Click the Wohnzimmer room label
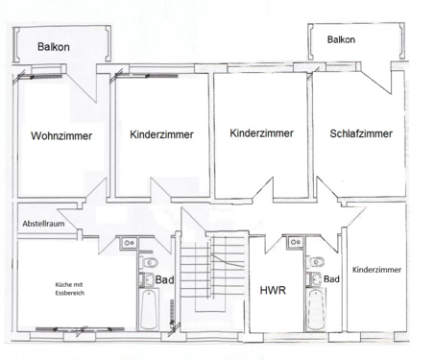click(61, 136)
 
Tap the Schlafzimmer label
click(360, 134)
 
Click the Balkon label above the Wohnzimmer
click(54, 47)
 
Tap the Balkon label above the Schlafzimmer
click(341, 39)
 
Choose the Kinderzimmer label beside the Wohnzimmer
click(161, 136)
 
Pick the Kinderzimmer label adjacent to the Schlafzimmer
click(261, 134)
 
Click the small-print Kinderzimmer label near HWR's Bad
click(376, 271)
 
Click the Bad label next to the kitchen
click(164, 281)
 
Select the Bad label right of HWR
click(332, 279)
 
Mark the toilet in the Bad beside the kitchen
click(150, 262)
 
